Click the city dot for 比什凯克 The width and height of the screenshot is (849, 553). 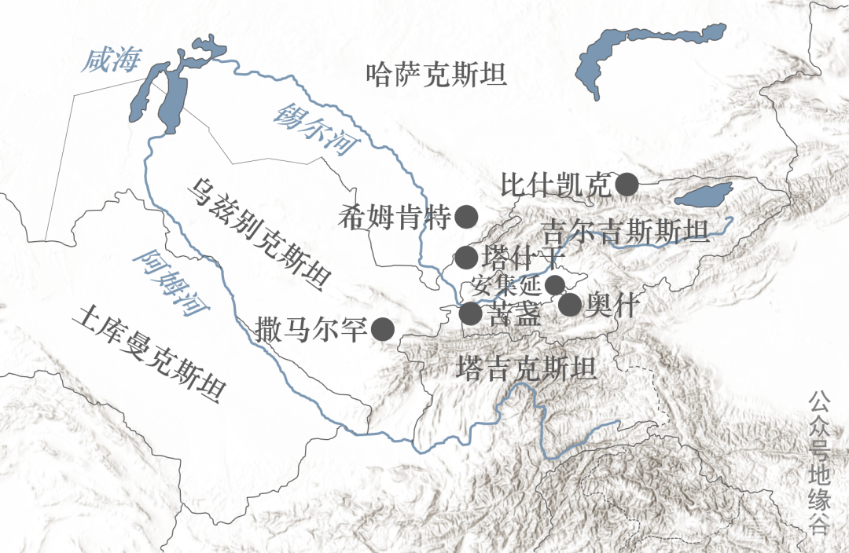(627, 185)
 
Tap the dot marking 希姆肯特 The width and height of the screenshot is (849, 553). (467, 216)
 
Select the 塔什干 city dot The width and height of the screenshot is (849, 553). (467, 256)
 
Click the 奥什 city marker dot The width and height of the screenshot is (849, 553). (570, 305)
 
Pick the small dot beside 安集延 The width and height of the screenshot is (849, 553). (555, 284)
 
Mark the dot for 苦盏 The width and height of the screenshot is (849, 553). (470, 313)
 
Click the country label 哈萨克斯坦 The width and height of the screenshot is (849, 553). (437, 75)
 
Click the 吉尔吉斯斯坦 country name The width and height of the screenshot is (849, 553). (627, 232)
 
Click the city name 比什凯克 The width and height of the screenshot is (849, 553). (555, 185)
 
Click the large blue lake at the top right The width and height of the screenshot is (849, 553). (649, 55)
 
